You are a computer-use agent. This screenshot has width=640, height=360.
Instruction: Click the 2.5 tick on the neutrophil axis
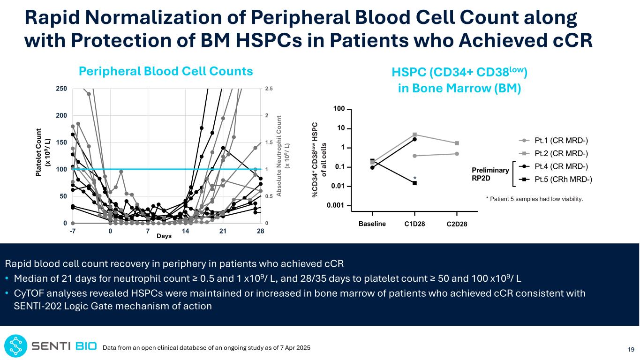pos(269,89)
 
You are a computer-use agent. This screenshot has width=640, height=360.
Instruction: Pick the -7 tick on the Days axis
pos(73,231)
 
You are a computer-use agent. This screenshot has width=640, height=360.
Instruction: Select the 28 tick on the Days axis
pos(260,231)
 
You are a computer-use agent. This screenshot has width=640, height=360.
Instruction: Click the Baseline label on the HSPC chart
pos(372,224)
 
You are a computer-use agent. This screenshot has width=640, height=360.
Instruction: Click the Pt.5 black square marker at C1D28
pos(415,183)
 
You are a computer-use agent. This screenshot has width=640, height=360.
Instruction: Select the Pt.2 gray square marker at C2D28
pos(456,143)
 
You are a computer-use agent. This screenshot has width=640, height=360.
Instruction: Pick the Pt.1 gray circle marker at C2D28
pos(456,154)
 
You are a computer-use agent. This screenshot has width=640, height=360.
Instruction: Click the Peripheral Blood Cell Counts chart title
pos(166,71)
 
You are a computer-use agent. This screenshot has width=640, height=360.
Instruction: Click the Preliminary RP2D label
pos(491,174)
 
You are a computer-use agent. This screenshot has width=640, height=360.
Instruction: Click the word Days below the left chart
pos(164,236)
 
